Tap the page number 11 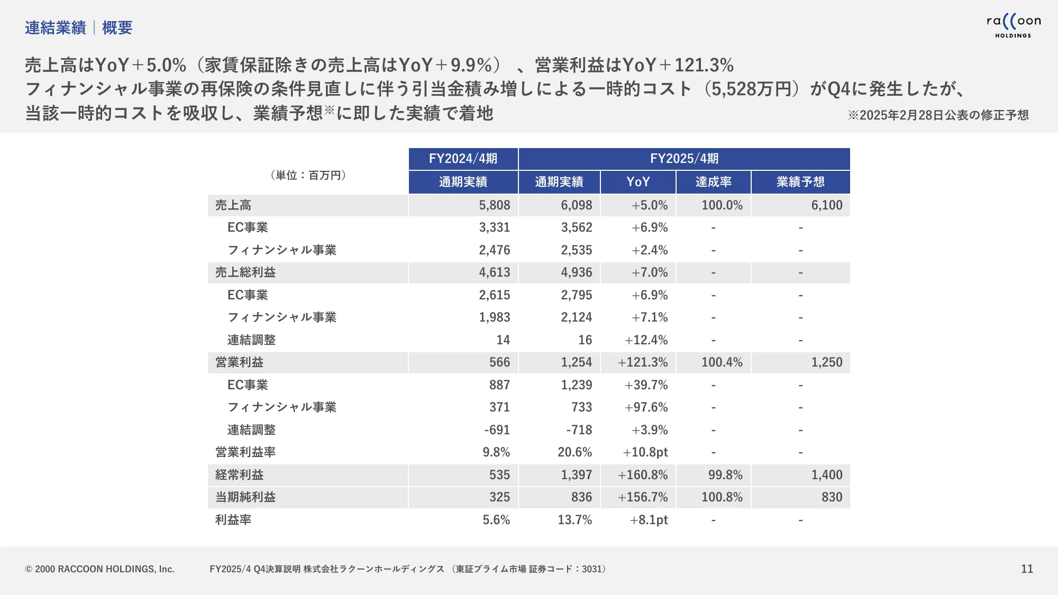pos(1027,569)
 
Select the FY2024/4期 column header pos(463,159)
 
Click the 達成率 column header pos(713,182)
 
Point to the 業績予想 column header pos(800,182)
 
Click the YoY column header pos(638,182)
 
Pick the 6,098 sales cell pos(577,205)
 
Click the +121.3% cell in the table pos(643,362)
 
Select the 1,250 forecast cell pos(827,362)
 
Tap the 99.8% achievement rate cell pos(725,475)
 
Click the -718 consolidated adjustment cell pos(579,430)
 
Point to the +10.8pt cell pos(645,452)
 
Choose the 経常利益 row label pos(239,475)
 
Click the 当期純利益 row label pos(245,497)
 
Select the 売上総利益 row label pos(245,272)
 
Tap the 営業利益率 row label pos(245,452)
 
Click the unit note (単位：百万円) pos(308,175)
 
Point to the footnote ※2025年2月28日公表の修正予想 pos(938,115)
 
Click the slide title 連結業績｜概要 pos(78,28)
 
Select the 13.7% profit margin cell pos(574,520)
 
